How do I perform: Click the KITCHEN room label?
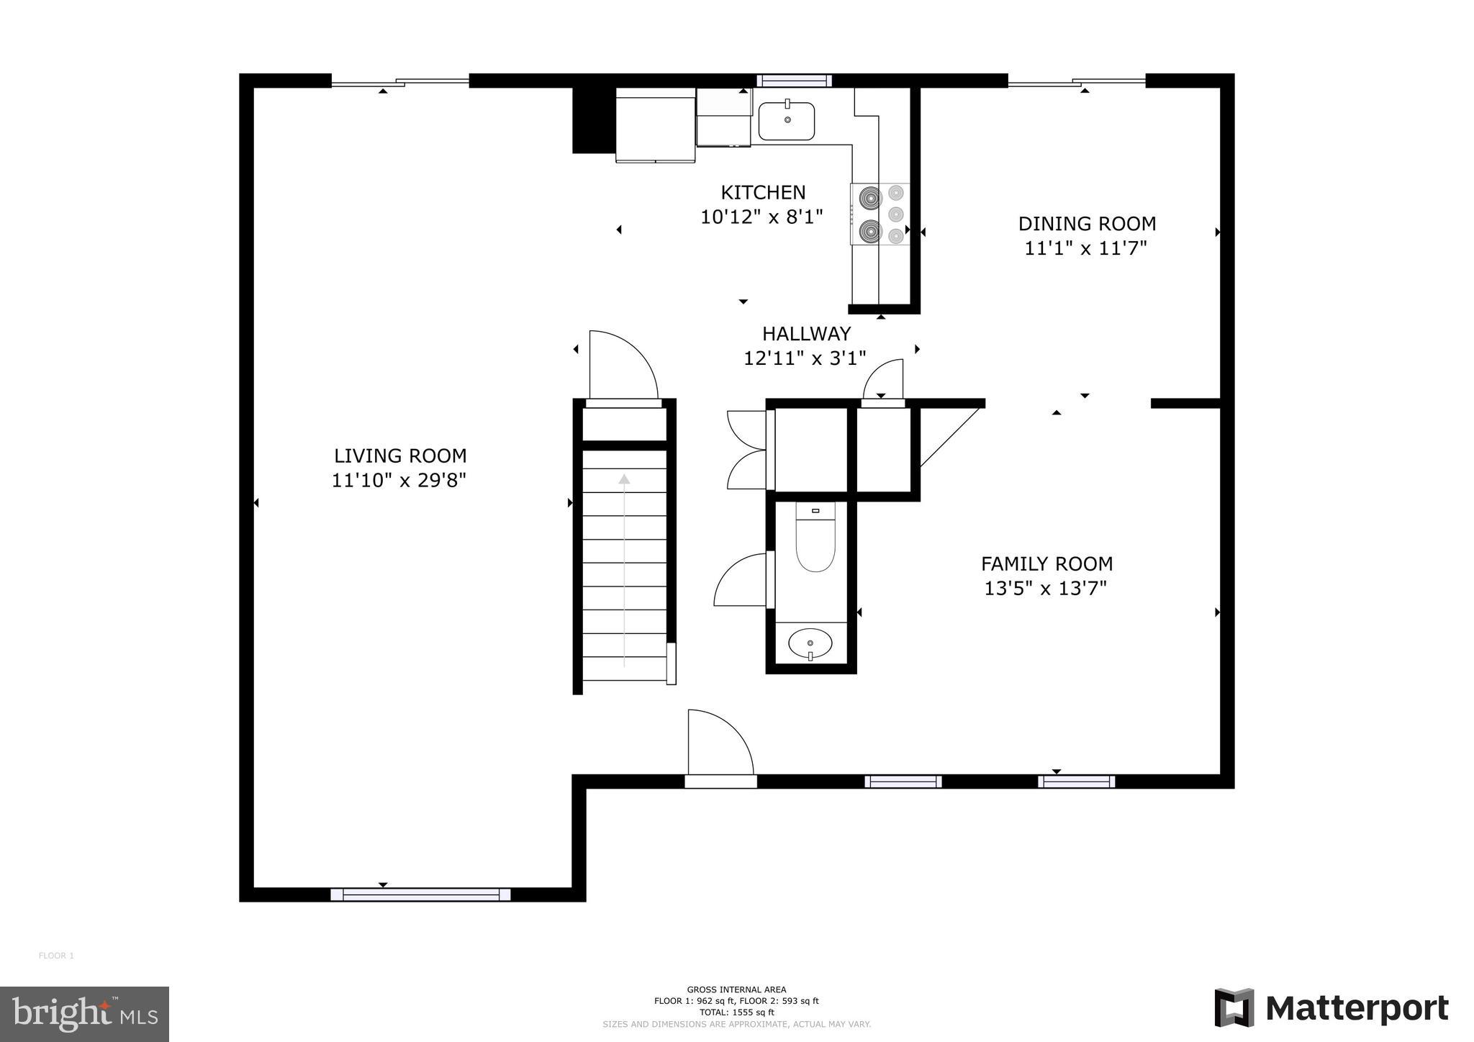coord(763,192)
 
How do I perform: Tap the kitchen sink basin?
coord(787,122)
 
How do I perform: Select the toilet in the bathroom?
coord(815,540)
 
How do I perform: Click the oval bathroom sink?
coord(810,643)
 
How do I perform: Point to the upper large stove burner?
coord(870,196)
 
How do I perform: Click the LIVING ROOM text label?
coord(400,456)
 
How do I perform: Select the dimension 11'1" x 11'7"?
coord(1085,248)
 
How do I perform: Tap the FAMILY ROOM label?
coord(1046,563)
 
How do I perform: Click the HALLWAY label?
coord(806,333)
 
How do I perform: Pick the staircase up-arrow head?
coord(624,479)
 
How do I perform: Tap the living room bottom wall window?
coord(420,894)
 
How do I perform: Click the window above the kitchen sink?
coord(793,81)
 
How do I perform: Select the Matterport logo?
coord(1331,1008)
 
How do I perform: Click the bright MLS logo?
coord(84,1014)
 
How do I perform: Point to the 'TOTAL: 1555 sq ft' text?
coord(736,1012)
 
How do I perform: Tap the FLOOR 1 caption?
coord(56,956)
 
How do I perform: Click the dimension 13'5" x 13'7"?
coord(1045,589)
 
